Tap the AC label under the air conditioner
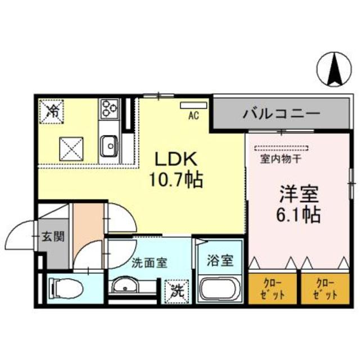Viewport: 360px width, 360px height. [193, 116]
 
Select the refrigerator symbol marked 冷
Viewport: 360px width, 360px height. [52, 109]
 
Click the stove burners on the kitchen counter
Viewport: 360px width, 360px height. [108, 108]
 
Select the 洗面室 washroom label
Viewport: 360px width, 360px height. [148, 263]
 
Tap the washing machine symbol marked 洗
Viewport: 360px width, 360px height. [177, 292]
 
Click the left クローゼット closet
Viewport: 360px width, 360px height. [273, 288]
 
